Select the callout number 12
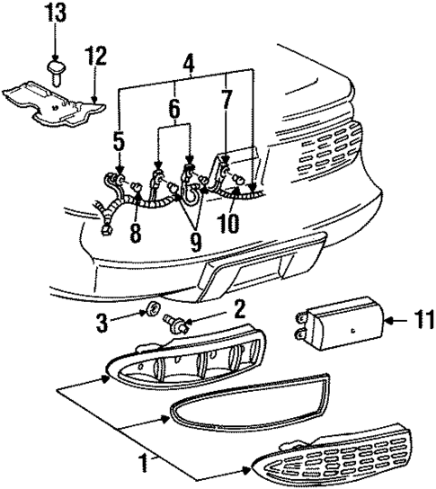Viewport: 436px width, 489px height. click(x=96, y=57)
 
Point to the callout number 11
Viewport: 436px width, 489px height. click(x=401, y=319)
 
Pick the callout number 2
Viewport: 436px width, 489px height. click(x=238, y=311)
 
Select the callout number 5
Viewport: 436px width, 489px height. click(x=120, y=141)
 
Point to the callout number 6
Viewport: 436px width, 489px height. click(x=174, y=111)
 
